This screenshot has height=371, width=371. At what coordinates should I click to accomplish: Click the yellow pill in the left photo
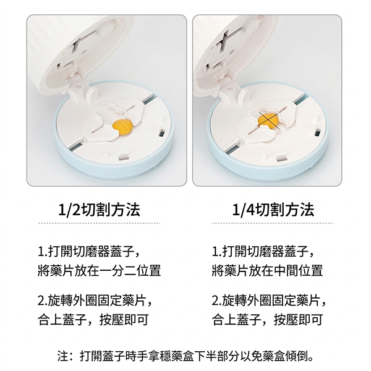[122, 127]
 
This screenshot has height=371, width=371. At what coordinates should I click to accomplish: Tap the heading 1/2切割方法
[99, 210]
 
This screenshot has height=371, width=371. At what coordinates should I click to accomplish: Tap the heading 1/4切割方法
[273, 210]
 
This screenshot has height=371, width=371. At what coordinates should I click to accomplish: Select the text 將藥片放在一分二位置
[100, 270]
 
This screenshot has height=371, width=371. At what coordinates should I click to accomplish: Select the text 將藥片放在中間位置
[267, 270]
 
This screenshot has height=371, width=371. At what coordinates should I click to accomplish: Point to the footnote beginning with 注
[185, 356]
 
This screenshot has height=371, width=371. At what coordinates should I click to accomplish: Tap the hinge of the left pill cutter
[80, 88]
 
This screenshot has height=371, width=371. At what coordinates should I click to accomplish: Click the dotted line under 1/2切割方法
[99, 223]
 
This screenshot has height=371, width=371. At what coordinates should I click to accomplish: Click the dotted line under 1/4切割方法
[273, 223]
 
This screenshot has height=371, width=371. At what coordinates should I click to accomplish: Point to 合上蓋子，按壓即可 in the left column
[93, 320]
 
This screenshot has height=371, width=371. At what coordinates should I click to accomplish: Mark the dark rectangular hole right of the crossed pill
[317, 132]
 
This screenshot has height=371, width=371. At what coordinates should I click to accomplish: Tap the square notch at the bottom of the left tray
[124, 156]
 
